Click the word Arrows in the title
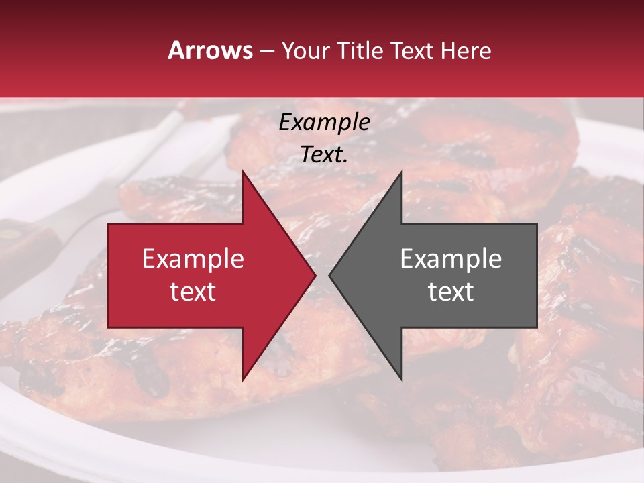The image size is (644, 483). pyautogui.click(x=209, y=50)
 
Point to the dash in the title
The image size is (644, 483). pyautogui.click(x=266, y=51)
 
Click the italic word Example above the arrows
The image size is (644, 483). pyautogui.click(x=325, y=122)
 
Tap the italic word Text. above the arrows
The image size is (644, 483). pyautogui.click(x=325, y=154)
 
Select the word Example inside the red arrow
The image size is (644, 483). pyautogui.click(x=193, y=259)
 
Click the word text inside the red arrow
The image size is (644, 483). pyautogui.click(x=193, y=292)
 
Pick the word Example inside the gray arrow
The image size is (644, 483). pyautogui.click(x=451, y=259)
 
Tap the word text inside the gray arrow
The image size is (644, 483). pyautogui.click(x=451, y=292)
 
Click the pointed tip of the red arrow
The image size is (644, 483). pyautogui.click(x=315, y=276)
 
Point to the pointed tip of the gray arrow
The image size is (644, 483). pyautogui.click(x=329, y=276)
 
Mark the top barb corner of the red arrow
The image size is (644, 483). pyautogui.click(x=243, y=171)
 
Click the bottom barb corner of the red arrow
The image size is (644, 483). pyautogui.click(x=243, y=380)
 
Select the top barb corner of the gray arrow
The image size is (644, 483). pyautogui.click(x=401, y=171)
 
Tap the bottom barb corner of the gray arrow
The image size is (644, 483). pyautogui.click(x=401, y=380)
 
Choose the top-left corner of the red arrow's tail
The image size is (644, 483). pyautogui.click(x=108, y=224)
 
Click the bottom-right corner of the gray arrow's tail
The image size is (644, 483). pyautogui.click(x=537, y=327)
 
